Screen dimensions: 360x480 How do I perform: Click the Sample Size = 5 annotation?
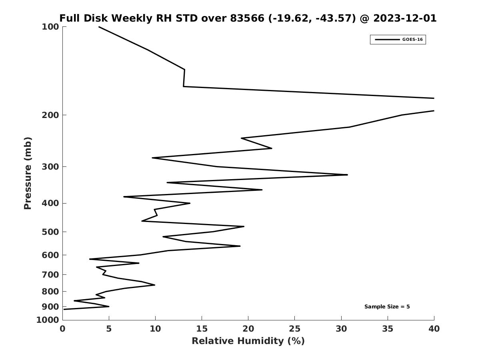(x=387, y=307)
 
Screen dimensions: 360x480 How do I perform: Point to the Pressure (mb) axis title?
(x=28, y=173)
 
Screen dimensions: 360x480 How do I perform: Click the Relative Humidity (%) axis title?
(x=248, y=341)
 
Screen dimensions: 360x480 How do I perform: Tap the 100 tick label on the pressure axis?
(x=50, y=27)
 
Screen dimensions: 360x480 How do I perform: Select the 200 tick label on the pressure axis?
(x=50, y=115)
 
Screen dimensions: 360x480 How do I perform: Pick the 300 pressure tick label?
(x=50, y=167)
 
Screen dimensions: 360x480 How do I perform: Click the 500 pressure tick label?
(x=50, y=232)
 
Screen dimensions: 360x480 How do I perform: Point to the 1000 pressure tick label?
(x=48, y=320)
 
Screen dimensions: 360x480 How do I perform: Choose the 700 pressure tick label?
(x=50, y=275)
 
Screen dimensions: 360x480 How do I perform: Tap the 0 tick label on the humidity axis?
(x=62, y=329)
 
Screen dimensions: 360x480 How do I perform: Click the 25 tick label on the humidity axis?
(x=295, y=329)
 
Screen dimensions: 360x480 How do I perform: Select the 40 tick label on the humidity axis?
(x=434, y=329)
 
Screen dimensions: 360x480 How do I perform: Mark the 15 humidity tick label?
(x=202, y=329)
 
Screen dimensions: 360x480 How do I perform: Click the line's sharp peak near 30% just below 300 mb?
(x=347, y=175)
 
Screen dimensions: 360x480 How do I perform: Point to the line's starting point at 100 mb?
(x=99, y=27)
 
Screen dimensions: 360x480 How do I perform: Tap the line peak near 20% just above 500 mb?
(x=244, y=226)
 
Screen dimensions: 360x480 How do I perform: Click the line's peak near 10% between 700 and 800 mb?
(x=154, y=285)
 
